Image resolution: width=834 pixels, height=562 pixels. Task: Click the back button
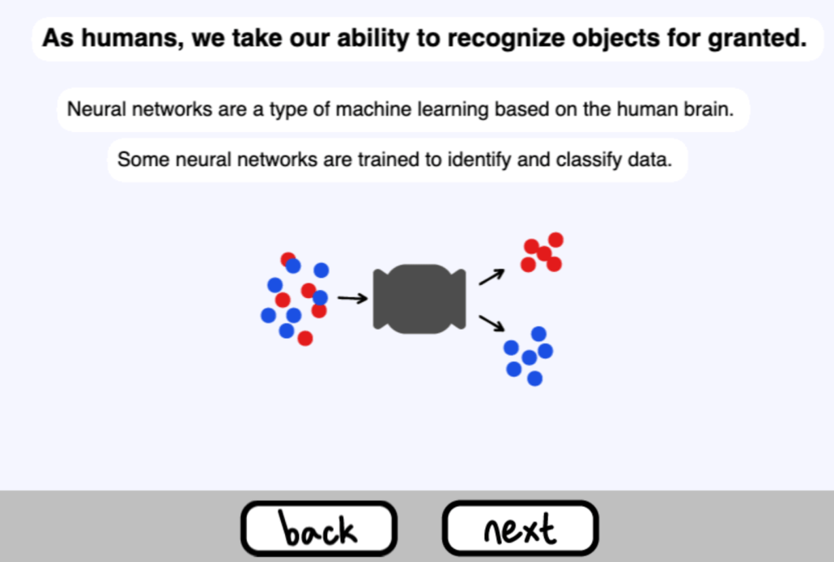point(318,529)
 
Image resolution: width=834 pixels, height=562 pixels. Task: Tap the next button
point(520,529)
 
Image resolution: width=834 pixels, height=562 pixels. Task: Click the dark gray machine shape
point(419,299)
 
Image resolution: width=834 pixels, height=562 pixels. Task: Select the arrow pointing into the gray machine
point(353,299)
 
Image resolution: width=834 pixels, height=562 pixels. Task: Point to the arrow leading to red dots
point(491,277)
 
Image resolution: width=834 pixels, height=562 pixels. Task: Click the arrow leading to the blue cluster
point(492,323)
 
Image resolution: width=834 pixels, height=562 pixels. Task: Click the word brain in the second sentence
point(711,109)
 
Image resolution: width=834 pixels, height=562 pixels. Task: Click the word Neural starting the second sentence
point(92,109)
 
